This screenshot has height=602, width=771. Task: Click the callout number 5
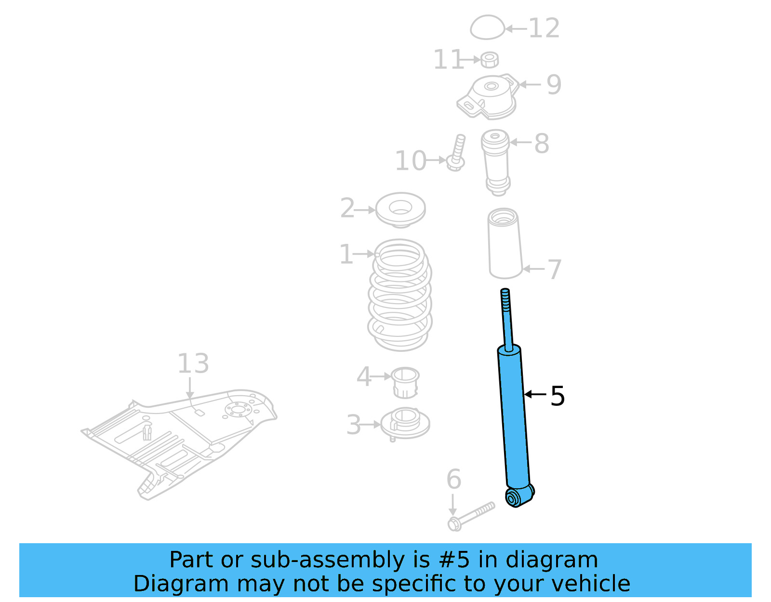[558, 396]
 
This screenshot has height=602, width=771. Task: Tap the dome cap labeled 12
[487, 27]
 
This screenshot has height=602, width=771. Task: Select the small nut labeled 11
[489, 60]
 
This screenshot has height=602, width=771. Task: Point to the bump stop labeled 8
[496, 161]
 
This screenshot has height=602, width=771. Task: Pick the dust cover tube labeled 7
[505, 244]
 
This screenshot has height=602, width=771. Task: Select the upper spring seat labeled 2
[400, 210]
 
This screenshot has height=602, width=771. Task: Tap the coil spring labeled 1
[399, 294]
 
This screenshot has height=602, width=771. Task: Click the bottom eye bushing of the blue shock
[512, 498]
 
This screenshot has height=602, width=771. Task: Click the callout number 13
[193, 363]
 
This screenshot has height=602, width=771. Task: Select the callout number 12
[544, 28]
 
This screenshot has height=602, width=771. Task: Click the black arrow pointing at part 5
[535, 394]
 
